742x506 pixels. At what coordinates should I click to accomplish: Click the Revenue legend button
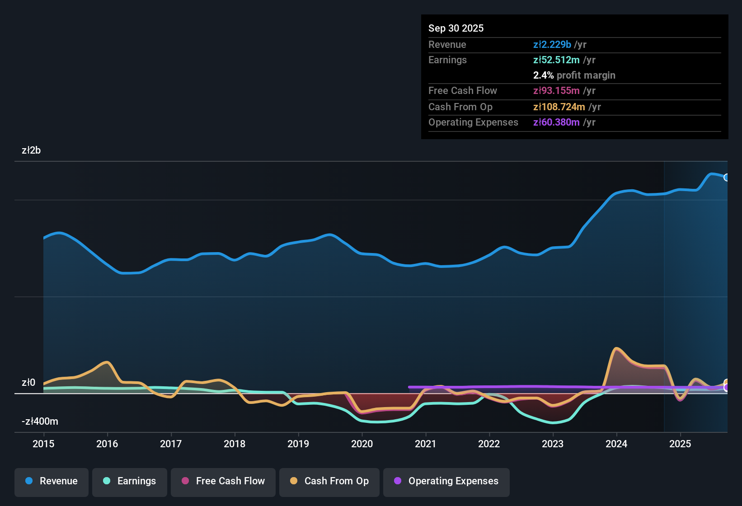click(52, 481)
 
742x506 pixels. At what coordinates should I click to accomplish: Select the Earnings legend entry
click(130, 481)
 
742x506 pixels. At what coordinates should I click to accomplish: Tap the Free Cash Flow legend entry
click(223, 481)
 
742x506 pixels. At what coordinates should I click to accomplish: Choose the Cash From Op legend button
click(329, 481)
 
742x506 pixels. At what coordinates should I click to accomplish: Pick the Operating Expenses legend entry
click(446, 481)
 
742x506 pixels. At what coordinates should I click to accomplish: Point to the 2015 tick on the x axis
click(43, 444)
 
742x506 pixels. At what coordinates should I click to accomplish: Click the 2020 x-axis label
click(362, 444)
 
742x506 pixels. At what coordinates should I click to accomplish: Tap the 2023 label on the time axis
click(553, 444)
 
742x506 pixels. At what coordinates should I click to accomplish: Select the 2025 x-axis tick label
click(680, 444)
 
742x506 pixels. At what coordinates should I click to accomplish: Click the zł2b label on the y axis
click(31, 150)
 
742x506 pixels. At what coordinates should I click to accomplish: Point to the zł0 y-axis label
click(28, 383)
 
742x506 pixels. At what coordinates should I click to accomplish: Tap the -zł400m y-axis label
click(40, 422)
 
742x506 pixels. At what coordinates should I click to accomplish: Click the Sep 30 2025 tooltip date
click(456, 28)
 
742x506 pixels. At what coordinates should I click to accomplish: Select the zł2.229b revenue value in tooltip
click(552, 44)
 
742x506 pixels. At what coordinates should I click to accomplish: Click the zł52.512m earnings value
click(556, 60)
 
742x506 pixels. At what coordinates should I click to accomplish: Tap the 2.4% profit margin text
click(574, 75)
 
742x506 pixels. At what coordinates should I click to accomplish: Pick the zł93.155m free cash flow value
click(556, 91)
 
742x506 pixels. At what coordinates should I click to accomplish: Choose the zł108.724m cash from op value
click(559, 107)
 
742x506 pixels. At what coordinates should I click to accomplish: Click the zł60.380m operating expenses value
click(556, 122)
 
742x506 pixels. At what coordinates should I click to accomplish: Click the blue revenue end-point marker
click(726, 178)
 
